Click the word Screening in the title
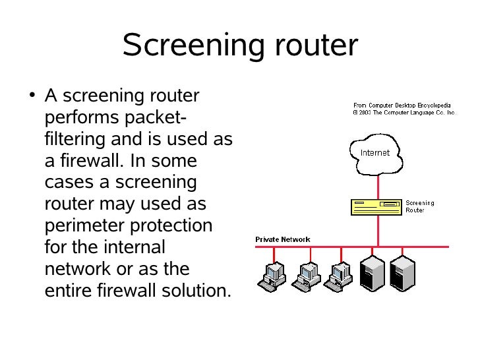coord(193,46)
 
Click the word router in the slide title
coord(316,45)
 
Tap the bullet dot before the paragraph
coord(32,94)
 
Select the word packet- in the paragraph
coord(156,117)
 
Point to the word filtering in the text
coord(75,139)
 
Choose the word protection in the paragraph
coord(171,226)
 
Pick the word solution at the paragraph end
coord(196,290)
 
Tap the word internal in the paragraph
coord(135,247)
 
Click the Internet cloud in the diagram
coord(376,154)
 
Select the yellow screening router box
coord(376,207)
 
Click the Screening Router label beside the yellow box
coord(420,206)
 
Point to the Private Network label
coord(283,239)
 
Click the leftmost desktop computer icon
coord(272,276)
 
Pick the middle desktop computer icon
coord(306,276)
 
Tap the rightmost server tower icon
coord(403,274)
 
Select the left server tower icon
coord(372,274)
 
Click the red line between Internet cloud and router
coord(378,187)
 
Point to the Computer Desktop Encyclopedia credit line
coord(402,105)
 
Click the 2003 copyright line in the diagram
coord(404,113)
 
